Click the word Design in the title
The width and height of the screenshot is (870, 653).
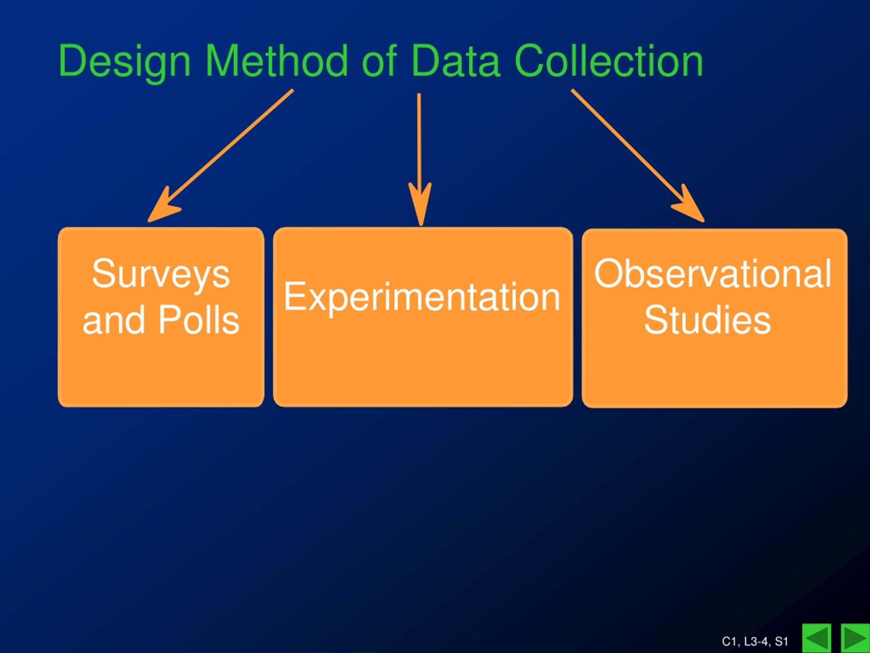[x=125, y=62]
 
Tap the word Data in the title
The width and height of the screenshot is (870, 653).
[x=456, y=61]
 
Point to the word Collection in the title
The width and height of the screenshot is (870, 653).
[x=608, y=61]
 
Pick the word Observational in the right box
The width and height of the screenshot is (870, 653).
[x=713, y=273]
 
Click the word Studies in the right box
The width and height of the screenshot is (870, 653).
[x=708, y=320]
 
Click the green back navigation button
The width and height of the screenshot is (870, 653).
[x=817, y=638]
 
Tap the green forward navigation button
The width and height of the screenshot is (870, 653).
[x=855, y=638]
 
